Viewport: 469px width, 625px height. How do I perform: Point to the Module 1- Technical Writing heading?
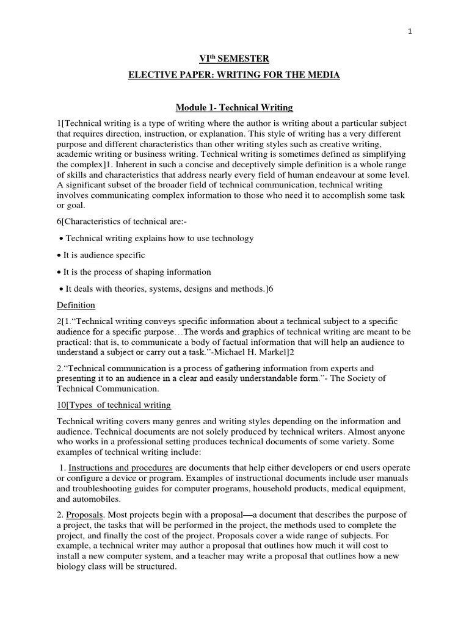(234, 107)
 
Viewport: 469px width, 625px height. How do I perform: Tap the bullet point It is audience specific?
(104, 255)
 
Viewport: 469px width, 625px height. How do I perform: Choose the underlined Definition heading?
(76, 305)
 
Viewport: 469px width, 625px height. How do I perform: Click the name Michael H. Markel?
(274, 353)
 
